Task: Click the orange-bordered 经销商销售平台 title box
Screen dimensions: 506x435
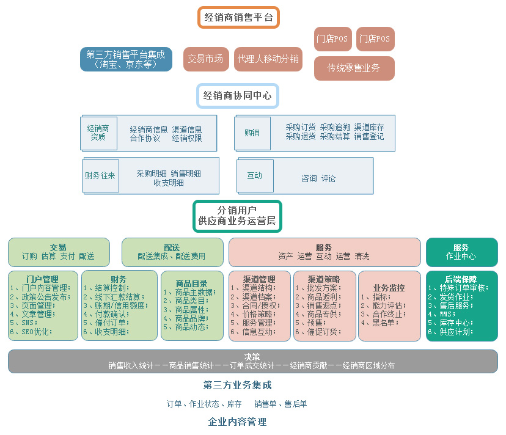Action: point(238,18)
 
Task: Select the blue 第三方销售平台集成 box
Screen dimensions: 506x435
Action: point(126,59)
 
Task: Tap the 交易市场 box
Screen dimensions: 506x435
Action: point(206,59)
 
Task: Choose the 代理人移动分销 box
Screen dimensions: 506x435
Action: point(268,59)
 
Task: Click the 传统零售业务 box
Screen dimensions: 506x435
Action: point(354,68)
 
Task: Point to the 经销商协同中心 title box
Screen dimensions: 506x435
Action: point(238,95)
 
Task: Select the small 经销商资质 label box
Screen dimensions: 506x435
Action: point(98,133)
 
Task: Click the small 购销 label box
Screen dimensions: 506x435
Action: point(252,133)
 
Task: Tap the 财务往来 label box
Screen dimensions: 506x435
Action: point(100,176)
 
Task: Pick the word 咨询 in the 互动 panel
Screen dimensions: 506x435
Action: point(309,178)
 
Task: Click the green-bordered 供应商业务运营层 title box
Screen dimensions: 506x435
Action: point(237,216)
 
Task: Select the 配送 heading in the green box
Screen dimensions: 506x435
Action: point(172,247)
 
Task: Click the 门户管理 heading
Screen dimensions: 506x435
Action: point(43,279)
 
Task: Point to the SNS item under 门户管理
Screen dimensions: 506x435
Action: point(24,323)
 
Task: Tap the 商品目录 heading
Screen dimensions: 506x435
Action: point(192,283)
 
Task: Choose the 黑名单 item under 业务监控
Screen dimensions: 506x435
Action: point(380,323)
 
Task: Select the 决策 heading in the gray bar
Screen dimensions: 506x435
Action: point(252,357)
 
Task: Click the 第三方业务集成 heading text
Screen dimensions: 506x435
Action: point(238,385)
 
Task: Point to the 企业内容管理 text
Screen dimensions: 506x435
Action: point(238,422)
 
